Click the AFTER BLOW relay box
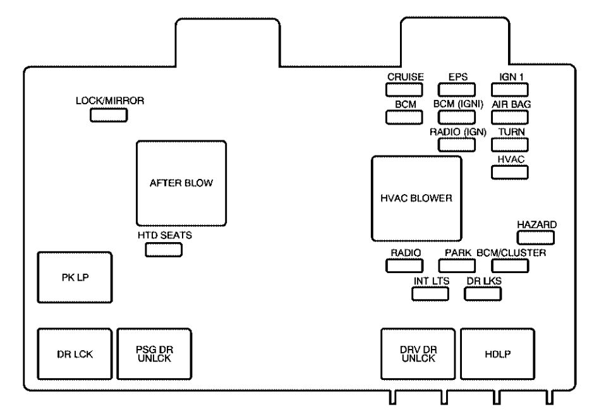[181, 183]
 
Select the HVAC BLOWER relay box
[416, 198]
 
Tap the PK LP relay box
[75, 279]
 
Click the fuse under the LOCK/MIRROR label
[109, 115]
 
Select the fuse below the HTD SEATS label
[164, 250]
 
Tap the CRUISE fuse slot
[404, 89]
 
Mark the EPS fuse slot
[457, 89]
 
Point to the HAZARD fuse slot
[536, 237]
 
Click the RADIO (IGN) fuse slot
[457, 144]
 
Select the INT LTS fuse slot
[430, 293]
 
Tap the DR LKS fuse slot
[483, 293]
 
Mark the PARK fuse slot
[457, 265]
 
